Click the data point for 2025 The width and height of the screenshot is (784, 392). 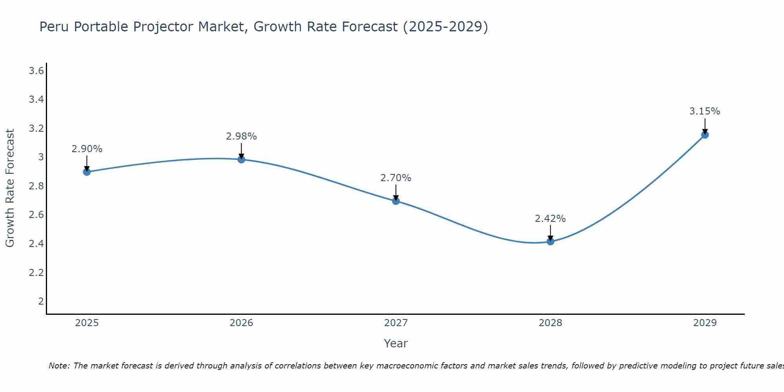click(x=87, y=172)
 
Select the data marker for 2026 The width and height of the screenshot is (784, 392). click(x=241, y=159)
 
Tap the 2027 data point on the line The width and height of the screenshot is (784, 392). click(x=396, y=201)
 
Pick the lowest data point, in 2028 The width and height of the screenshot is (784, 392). click(x=550, y=241)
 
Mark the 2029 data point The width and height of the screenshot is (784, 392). click(x=705, y=135)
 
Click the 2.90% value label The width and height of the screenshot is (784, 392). click(x=87, y=149)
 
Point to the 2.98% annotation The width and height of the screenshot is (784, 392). click(x=241, y=136)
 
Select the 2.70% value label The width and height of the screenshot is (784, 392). click(x=396, y=178)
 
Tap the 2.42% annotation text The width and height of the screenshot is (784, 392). click(x=550, y=219)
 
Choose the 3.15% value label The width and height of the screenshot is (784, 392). click(x=705, y=111)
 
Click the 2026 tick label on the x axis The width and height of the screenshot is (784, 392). click(x=241, y=323)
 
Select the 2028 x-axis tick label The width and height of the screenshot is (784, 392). click(x=550, y=323)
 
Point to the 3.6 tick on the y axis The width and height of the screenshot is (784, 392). click(x=36, y=71)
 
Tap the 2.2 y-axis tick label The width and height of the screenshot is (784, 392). click(x=36, y=272)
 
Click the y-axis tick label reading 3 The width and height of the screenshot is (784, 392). click(x=41, y=157)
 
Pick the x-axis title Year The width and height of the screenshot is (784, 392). click(x=396, y=343)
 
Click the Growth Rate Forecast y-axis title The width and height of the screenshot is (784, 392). click(x=10, y=188)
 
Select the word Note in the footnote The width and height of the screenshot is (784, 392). click(x=58, y=366)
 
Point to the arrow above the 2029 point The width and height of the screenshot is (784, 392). click(x=705, y=126)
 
